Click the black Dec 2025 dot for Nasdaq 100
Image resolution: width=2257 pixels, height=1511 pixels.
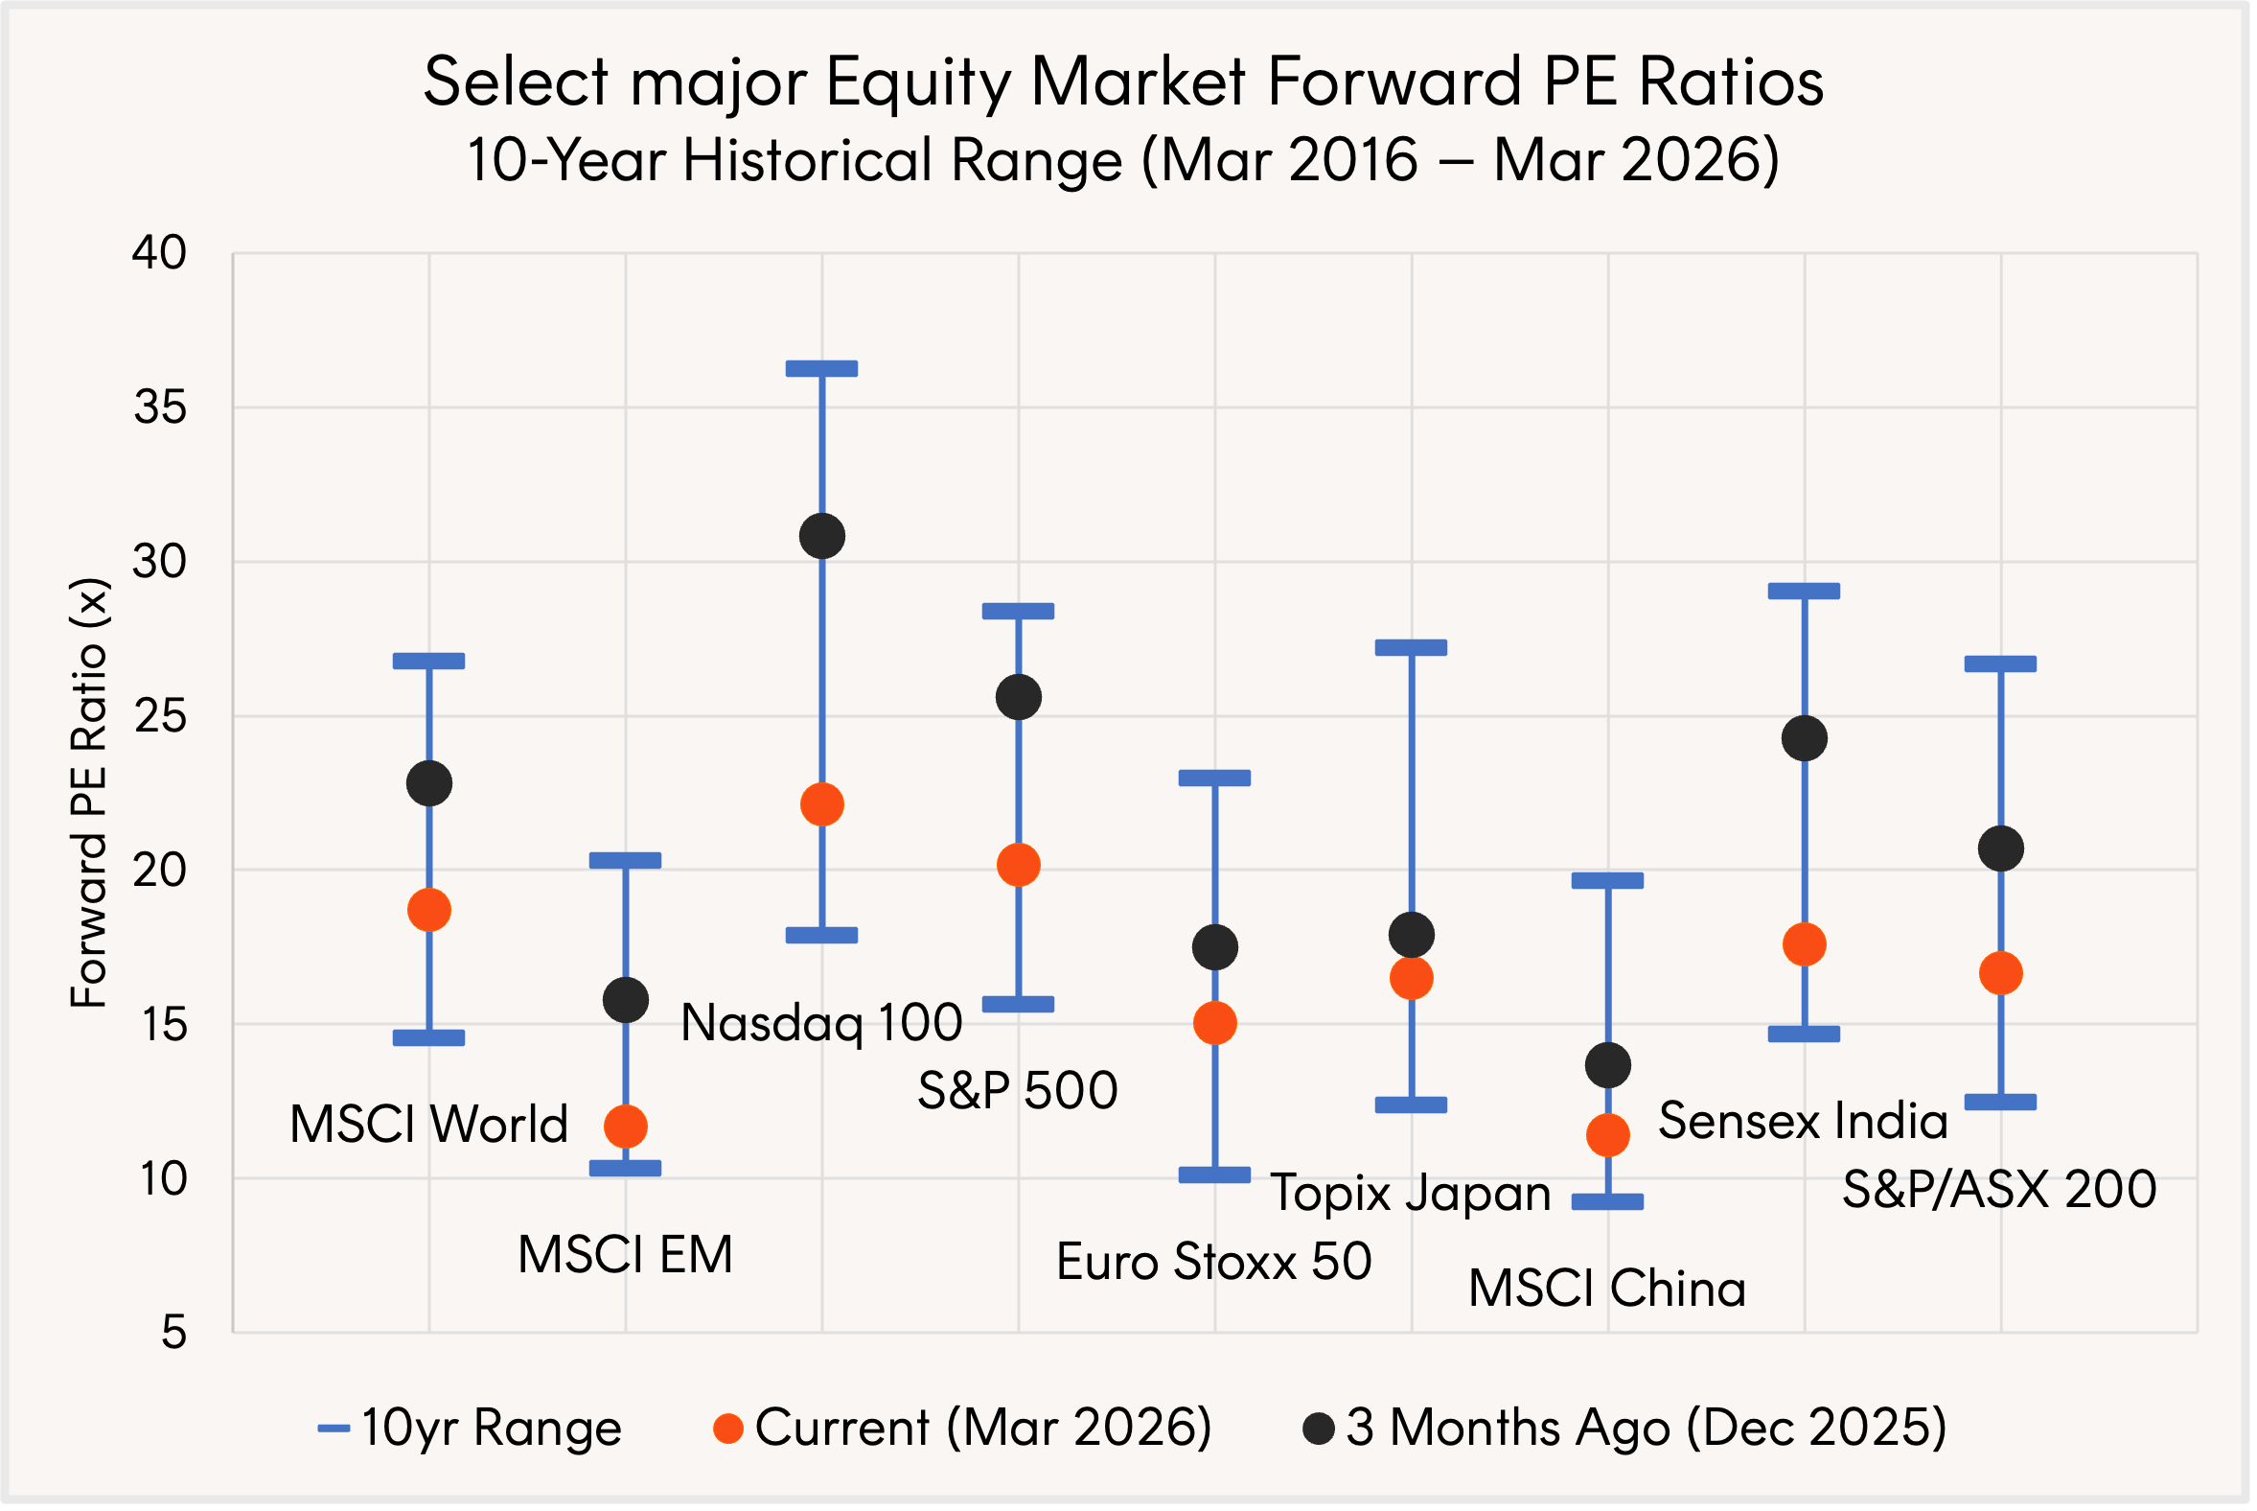coord(821,536)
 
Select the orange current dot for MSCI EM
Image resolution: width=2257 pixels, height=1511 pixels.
coord(625,1126)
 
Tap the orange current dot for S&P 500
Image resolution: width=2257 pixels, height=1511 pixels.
coord(1018,865)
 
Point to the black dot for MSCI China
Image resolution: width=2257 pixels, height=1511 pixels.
coord(1608,1065)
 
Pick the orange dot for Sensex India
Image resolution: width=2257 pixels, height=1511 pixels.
coord(1805,944)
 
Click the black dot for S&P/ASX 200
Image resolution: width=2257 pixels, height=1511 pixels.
coord(2001,848)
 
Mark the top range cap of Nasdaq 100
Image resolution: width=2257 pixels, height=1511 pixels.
coord(821,368)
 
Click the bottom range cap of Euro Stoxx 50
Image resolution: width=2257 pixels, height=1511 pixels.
coord(1214,1174)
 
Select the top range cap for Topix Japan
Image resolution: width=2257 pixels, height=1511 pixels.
coord(1412,647)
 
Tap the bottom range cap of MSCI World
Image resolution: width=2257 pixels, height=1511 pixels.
coord(428,1037)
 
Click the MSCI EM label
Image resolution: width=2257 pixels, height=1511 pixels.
coord(625,1255)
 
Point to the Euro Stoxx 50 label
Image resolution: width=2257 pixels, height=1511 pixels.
coord(1213,1262)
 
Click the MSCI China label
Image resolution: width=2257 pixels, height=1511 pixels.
coord(1607,1289)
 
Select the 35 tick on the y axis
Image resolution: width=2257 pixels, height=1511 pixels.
coord(160,407)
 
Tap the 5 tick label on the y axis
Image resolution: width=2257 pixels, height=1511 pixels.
coord(173,1333)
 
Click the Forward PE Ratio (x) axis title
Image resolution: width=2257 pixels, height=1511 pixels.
coord(88,792)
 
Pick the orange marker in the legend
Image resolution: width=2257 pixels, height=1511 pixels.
coord(728,1430)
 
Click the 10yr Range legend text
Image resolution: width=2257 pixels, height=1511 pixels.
coord(492,1429)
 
